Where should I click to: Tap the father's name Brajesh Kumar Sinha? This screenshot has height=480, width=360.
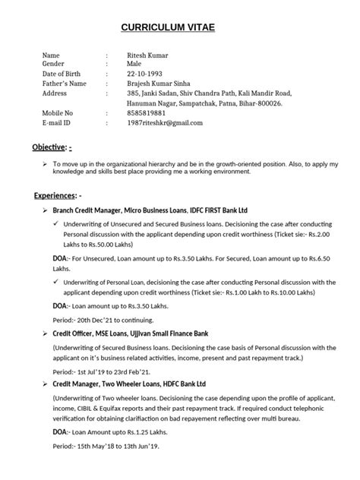(x=164, y=84)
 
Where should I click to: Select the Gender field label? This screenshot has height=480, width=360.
(x=54, y=65)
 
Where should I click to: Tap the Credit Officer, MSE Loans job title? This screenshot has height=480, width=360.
(x=129, y=333)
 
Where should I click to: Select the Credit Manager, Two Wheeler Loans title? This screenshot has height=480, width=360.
(x=129, y=384)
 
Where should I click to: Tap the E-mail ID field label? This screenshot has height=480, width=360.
(x=58, y=122)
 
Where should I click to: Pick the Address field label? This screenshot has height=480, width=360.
(x=55, y=93)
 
